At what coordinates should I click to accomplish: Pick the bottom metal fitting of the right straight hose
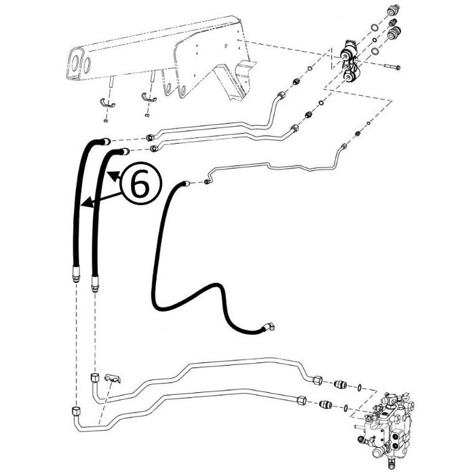click(x=92, y=280)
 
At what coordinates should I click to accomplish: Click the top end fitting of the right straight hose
click(x=123, y=151)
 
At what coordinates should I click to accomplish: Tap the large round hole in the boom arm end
click(x=75, y=67)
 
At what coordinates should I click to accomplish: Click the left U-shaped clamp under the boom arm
click(x=107, y=102)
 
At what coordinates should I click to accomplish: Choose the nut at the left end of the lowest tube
click(x=74, y=411)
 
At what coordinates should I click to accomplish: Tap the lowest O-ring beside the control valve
click(x=347, y=408)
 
